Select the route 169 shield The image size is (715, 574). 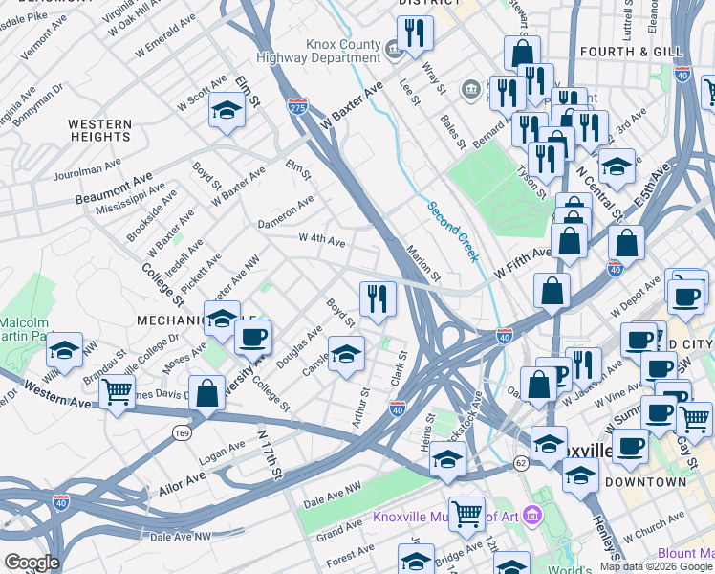pyautogui.click(x=181, y=433)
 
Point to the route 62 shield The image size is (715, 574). pyautogui.click(x=520, y=463)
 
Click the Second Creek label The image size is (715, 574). pyautogui.click(x=451, y=232)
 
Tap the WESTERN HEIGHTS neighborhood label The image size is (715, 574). pyautogui.click(x=100, y=131)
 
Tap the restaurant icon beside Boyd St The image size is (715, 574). pyautogui.click(x=378, y=298)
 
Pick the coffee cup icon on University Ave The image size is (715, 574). pyautogui.click(x=253, y=337)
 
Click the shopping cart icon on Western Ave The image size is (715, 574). pyautogui.click(x=117, y=391)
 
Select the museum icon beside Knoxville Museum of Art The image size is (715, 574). pyautogui.click(x=532, y=518)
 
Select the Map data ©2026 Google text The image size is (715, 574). pyautogui.click(x=655, y=566)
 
